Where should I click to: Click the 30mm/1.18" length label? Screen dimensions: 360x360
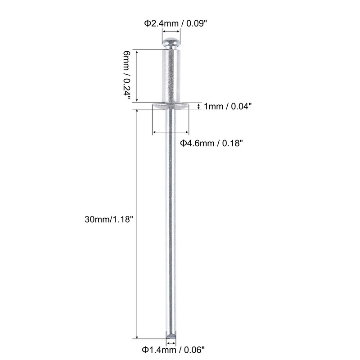click(109, 220)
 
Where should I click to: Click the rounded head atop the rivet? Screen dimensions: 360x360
click(171, 44)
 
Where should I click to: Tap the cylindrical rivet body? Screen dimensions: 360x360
click(171, 74)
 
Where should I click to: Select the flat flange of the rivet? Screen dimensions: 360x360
click(171, 106)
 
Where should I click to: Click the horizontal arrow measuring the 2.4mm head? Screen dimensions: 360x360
click(171, 31)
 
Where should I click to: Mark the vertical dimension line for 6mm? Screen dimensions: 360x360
click(137, 75)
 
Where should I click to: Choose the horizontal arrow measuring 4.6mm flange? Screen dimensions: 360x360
click(171, 132)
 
